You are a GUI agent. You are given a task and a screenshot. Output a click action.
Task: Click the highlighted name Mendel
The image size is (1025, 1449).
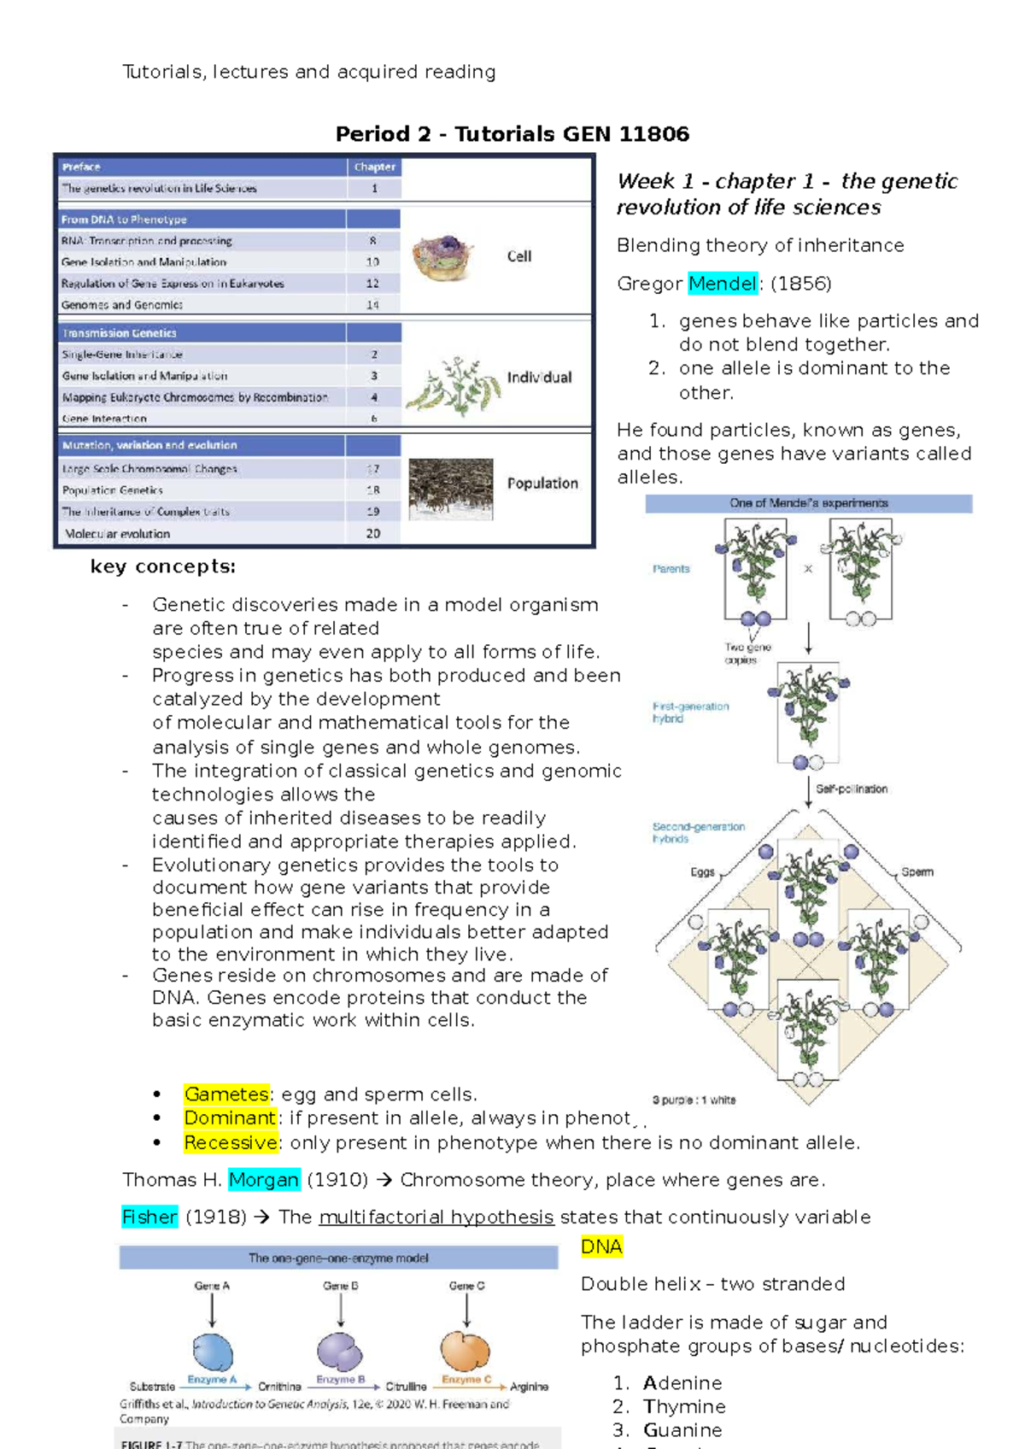click(x=723, y=284)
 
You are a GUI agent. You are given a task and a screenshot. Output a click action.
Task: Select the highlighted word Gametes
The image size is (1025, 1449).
click(x=226, y=1094)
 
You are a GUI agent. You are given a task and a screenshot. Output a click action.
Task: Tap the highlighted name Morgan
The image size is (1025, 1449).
click(x=264, y=1180)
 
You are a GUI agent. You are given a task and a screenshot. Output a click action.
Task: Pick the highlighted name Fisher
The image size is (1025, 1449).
click(x=149, y=1217)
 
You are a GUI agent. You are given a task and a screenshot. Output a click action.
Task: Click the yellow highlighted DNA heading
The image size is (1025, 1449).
click(x=601, y=1247)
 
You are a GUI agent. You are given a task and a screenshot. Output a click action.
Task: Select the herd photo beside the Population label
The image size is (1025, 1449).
click(x=450, y=490)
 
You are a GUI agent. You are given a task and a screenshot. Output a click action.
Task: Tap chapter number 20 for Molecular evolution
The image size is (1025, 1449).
click(x=373, y=533)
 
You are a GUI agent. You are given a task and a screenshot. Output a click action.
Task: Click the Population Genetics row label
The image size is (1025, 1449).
click(x=113, y=490)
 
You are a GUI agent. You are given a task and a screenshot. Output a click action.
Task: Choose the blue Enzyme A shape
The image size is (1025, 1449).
click(x=212, y=1352)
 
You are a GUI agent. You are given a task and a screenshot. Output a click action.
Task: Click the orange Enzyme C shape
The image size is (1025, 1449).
click(x=466, y=1351)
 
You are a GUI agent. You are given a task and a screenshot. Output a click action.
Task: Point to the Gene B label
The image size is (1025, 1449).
click(x=341, y=1286)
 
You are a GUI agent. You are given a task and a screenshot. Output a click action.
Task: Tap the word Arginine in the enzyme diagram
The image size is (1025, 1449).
click(x=529, y=1387)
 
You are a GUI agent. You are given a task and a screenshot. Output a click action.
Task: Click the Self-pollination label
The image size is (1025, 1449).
click(x=851, y=789)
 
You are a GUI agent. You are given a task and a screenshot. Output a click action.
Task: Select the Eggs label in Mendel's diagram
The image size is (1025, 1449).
click(x=702, y=872)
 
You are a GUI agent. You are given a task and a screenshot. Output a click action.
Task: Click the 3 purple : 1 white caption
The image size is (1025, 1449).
click(x=694, y=1100)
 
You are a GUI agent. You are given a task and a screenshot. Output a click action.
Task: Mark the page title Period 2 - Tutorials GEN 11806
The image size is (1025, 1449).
click(x=512, y=134)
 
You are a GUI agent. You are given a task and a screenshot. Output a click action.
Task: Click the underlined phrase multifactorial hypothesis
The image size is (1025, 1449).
click(x=436, y=1217)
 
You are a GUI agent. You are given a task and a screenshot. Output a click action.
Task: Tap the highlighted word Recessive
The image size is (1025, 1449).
click(x=231, y=1143)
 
